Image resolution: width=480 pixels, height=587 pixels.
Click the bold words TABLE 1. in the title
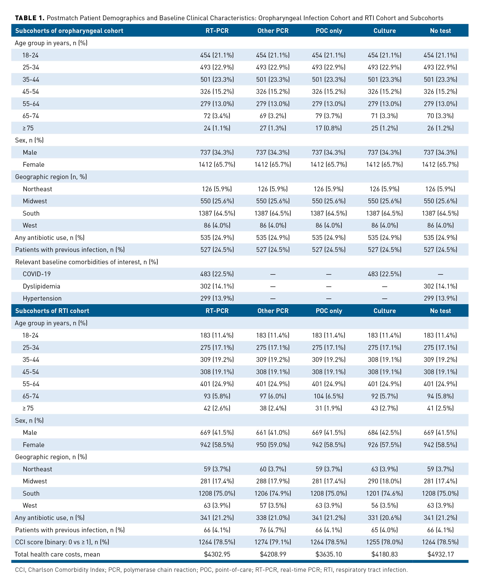pos(30,18)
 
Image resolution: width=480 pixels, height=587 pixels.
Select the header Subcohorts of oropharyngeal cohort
pos(69,31)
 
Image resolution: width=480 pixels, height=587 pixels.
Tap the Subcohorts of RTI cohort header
pos(52,311)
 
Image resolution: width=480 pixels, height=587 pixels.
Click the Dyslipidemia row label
pos(42,286)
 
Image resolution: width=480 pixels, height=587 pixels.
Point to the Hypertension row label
pos(42,298)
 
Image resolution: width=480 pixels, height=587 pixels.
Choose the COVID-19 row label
pos(37,274)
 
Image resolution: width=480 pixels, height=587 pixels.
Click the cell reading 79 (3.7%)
pos(329,116)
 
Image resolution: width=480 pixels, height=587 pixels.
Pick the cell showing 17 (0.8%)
pos(329,128)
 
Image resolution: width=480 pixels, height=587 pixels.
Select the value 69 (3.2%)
pos(273,116)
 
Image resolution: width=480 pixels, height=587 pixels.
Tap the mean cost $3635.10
pos(329,554)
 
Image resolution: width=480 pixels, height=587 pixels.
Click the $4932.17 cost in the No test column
pos(440,554)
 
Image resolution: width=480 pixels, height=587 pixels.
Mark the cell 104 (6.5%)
pos(329,396)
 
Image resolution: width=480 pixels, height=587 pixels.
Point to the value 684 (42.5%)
pos(385,433)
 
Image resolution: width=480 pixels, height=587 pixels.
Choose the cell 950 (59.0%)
pos(273,445)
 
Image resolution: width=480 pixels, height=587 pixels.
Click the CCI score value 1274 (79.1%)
pos(273,542)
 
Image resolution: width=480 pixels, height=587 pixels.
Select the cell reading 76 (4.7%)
pos(273,530)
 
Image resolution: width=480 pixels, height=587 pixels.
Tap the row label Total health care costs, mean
pos(57,554)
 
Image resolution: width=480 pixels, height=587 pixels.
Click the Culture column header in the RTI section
pos(385,311)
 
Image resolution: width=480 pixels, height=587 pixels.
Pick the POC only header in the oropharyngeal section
pos(329,31)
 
